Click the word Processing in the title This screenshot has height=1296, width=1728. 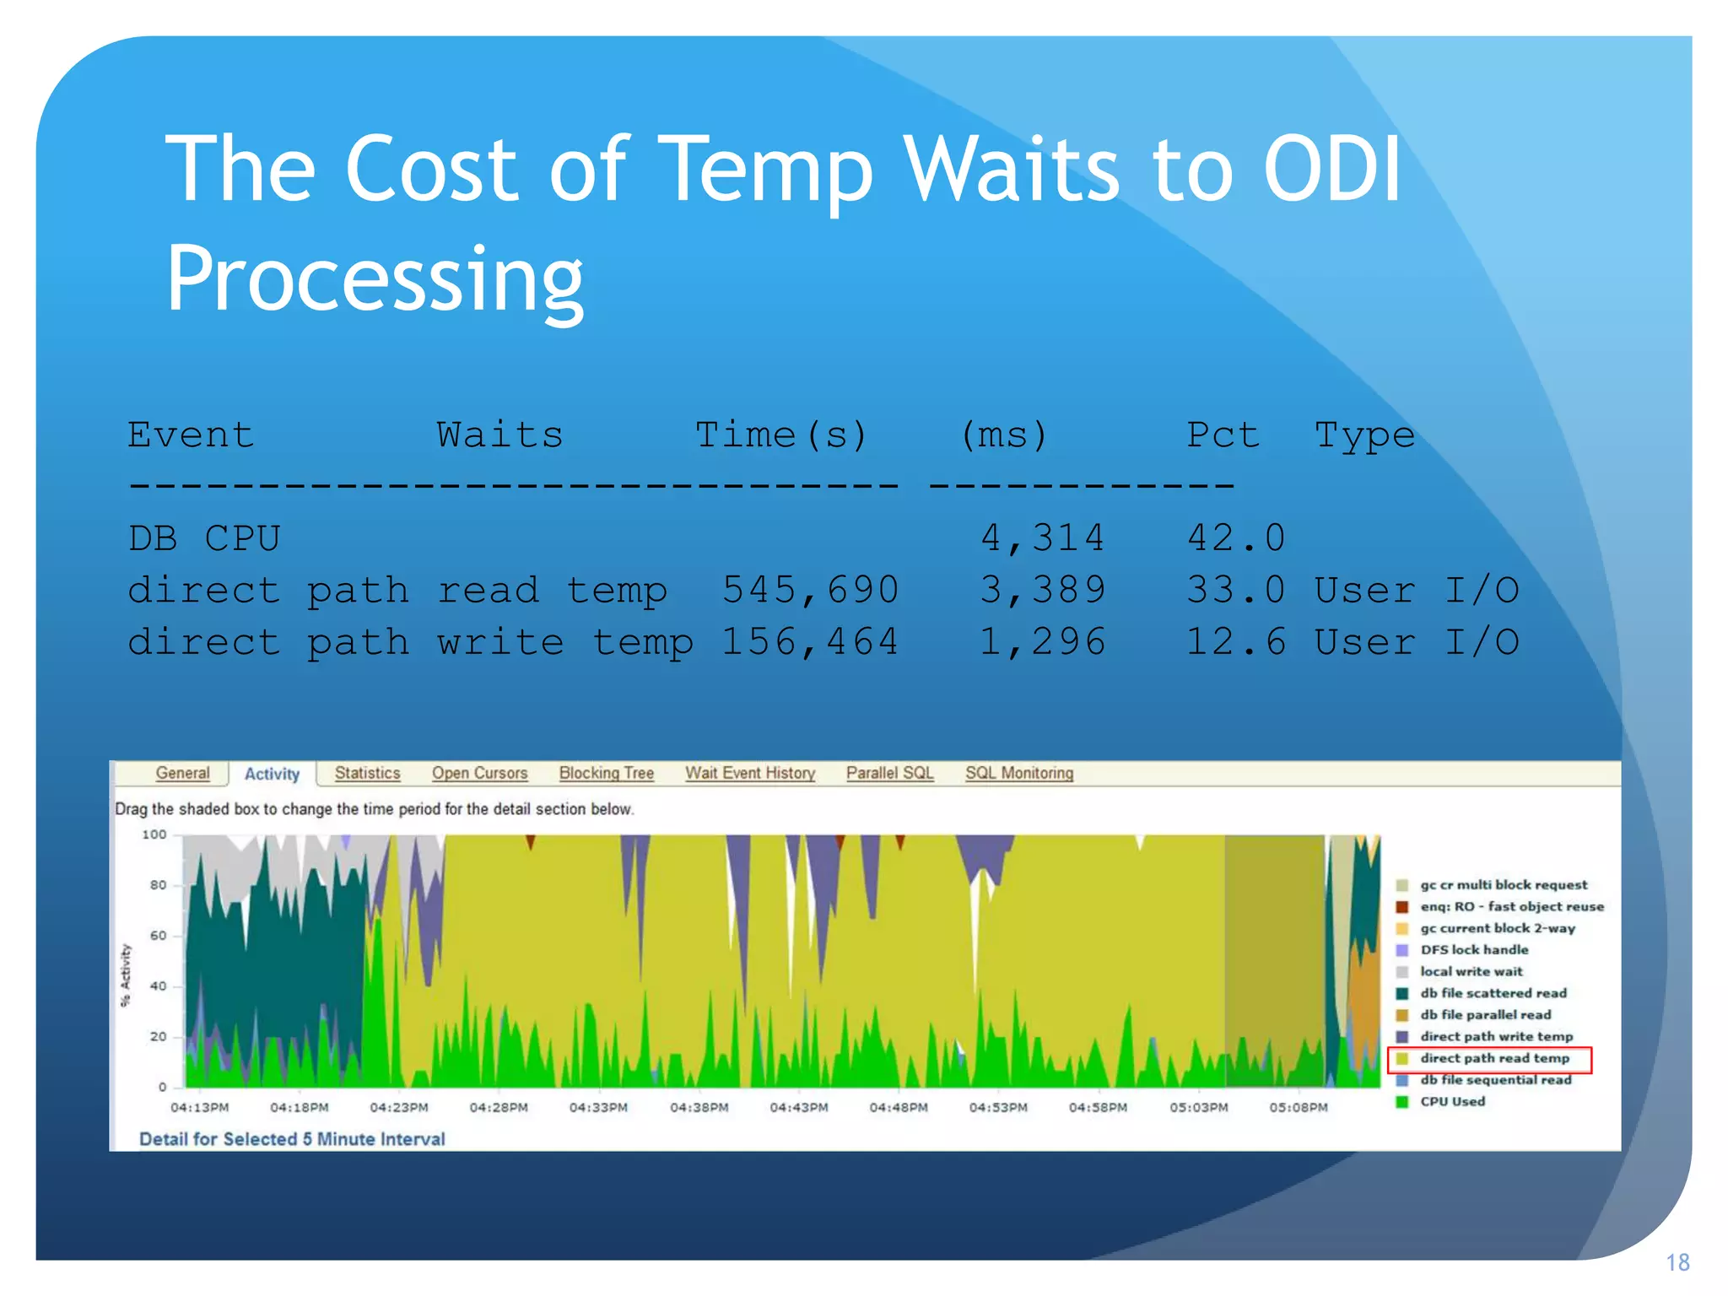tap(375, 279)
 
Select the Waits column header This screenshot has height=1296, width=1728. tap(499, 435)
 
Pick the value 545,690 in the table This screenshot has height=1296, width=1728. tap(810, 590)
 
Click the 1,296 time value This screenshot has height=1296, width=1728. tap(1042, 642)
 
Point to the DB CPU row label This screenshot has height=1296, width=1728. tap(204, 538)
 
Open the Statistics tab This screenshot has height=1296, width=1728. tap(367, 773)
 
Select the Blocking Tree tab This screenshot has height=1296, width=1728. tap(606, 773)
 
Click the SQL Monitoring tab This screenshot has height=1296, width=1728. tap(1018, 773)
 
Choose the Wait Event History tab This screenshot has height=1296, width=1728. tap(749, 773)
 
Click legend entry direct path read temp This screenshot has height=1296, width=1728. tap(1493, 1058)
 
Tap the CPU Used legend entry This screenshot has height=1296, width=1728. tap(1451, 1101)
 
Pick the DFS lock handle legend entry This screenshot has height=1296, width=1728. tap(1473, 949)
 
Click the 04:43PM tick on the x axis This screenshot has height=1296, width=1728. tap(798, 1107)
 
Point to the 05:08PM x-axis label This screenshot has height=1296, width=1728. tap(1298, 1107)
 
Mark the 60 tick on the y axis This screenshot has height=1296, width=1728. tap(158, 935)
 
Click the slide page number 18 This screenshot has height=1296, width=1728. tap(1677, 1262)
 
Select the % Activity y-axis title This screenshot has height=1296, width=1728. tap(126, 975)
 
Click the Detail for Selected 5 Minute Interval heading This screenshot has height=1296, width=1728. tap(292, 1139)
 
